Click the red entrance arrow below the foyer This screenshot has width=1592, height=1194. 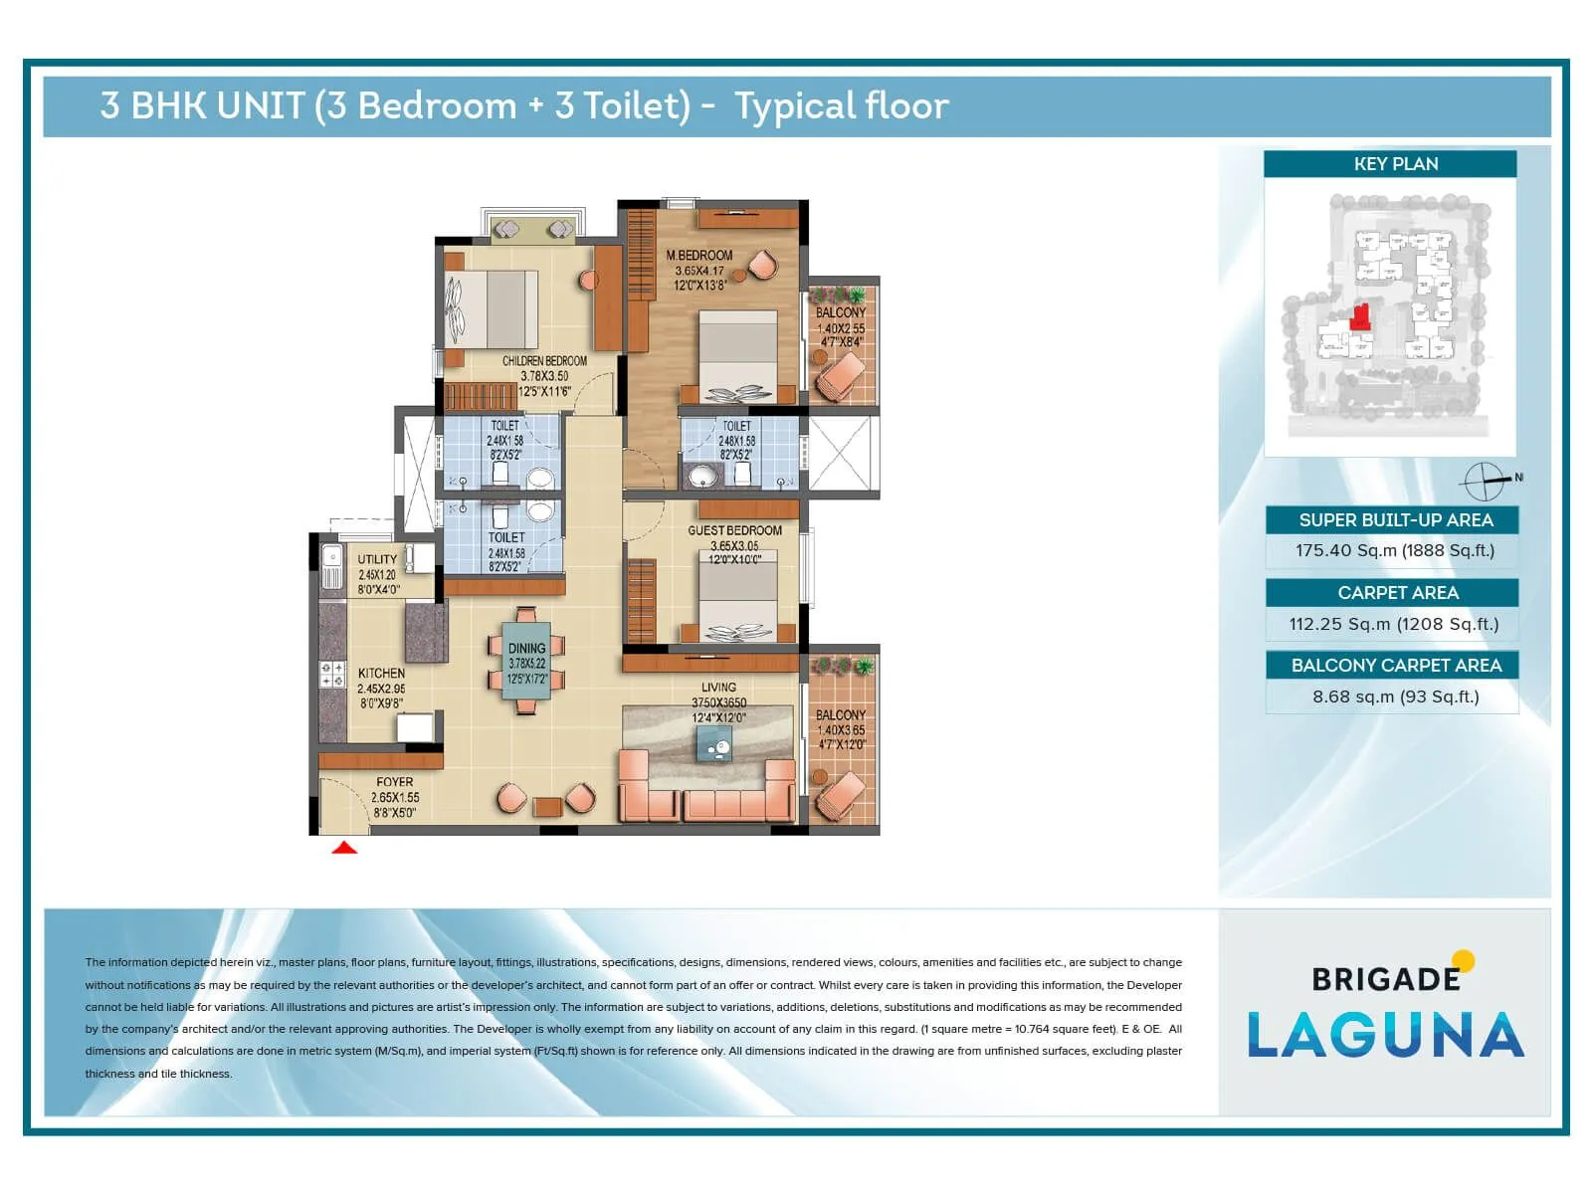[344, 848]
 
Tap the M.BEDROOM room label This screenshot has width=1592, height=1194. [699, 256]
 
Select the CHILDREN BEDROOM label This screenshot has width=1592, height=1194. [544, 361]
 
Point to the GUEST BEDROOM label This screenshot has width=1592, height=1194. [734, 530]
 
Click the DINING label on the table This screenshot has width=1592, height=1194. [526, 649]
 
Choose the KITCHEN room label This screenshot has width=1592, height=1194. [381, 674]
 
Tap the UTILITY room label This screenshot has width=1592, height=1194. [377, 559]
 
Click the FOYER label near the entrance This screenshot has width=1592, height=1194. [395, 782]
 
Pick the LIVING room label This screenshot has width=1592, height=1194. [718, 688]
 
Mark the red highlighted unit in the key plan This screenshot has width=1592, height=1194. [1360, 318]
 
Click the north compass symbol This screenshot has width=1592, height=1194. [1484, 482]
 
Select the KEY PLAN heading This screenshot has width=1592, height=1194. [1395, 164]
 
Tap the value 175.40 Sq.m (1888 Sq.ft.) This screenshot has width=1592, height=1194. [1394, 550]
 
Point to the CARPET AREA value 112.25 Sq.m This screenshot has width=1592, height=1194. [1393, 624]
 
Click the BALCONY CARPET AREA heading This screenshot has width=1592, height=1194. [1395, 666]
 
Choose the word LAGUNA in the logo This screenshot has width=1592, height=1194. [1385, 1035]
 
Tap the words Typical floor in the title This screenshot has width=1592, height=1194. [842, 105]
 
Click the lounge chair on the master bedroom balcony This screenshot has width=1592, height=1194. [842, 374]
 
